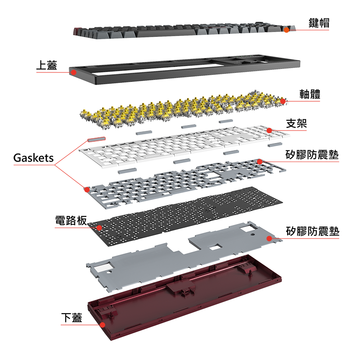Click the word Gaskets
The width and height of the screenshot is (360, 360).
33,158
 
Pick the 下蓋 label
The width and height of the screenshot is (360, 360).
72,317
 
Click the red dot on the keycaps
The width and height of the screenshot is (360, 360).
286,30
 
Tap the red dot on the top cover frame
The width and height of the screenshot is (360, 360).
72,71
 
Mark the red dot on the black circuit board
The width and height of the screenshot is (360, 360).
99,228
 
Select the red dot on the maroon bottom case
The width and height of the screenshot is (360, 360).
103,324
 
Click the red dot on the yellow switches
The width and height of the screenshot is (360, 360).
283,101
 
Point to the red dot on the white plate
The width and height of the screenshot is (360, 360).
269,130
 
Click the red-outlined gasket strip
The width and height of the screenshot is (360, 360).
96,139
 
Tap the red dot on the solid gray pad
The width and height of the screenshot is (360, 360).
269,238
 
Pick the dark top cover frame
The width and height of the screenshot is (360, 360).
180,72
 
